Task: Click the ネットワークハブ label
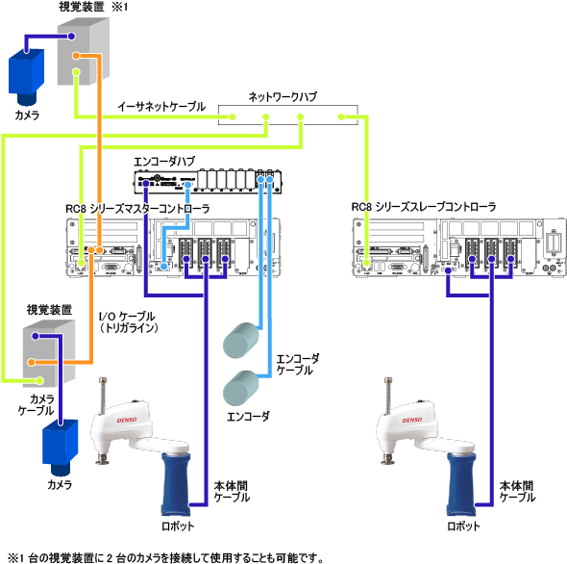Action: [283, 96]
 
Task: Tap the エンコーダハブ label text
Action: [164, 161]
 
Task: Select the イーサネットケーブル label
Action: [161, 107]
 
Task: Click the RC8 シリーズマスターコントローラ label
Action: [137, 209]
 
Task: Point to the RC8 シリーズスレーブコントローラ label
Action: [424, 207]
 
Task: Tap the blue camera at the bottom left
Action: [60, 448]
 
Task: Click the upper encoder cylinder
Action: [241, 340]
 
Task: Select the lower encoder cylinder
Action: [241, 388]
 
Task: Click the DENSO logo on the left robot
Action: [127, 420]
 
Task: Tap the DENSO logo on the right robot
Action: [412, 420]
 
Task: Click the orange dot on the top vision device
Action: [76, 56]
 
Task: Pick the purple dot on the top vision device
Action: [71, 37]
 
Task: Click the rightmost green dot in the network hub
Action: [341, 116]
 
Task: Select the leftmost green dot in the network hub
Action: [233, 116]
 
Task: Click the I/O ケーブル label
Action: [127, 317]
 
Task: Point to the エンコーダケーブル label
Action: [298, 365]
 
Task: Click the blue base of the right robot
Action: [461, 483]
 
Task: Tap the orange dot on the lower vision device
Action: [32, 362]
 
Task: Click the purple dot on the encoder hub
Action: [146, 184]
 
